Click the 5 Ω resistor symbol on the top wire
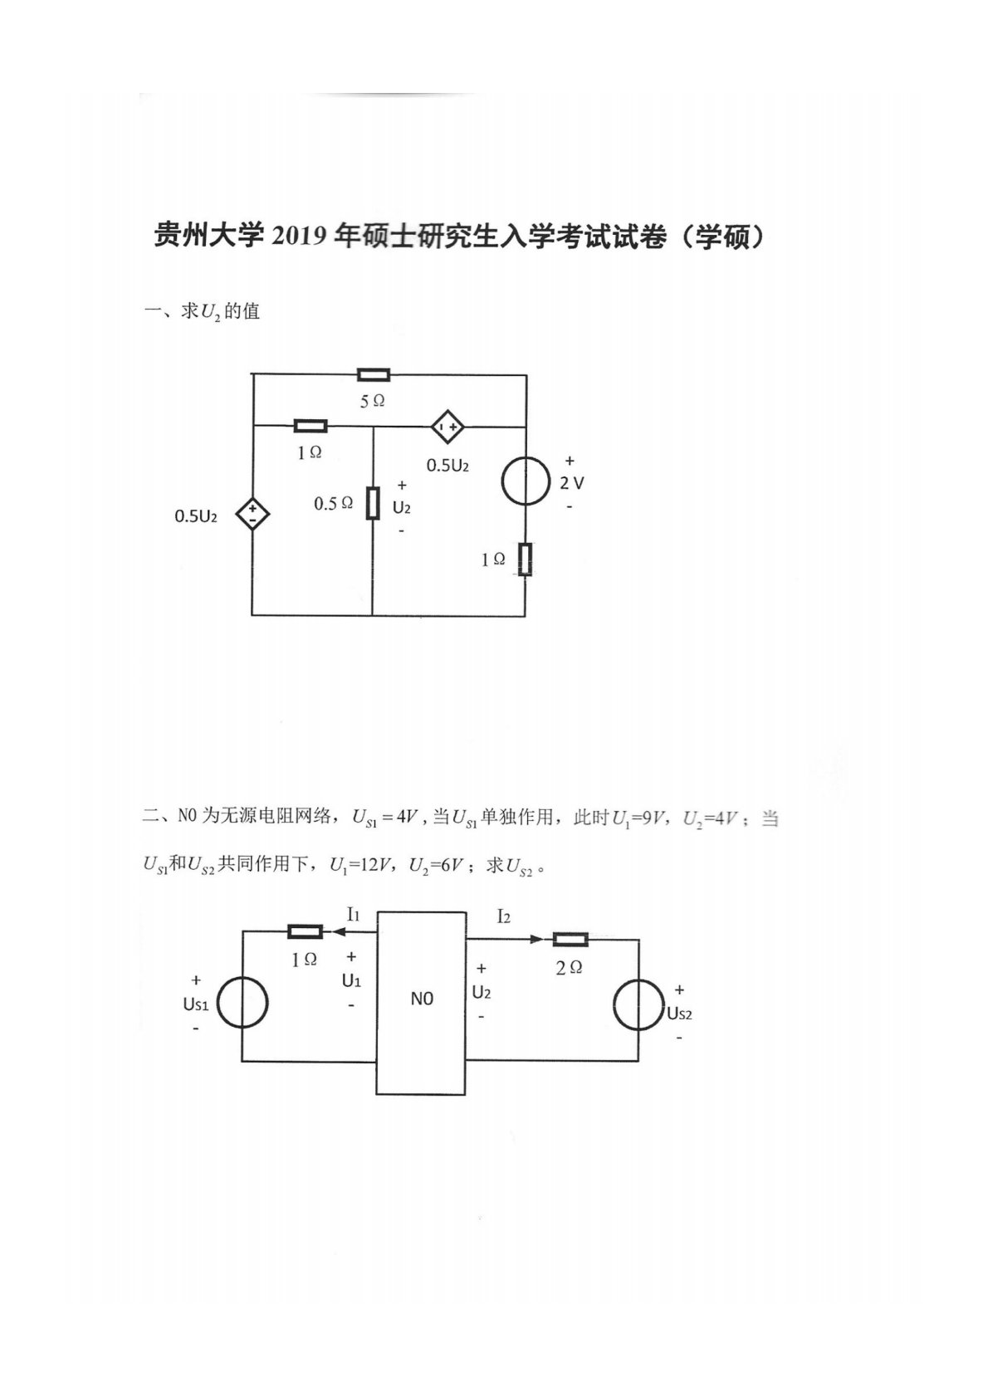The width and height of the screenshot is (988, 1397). (373, 375)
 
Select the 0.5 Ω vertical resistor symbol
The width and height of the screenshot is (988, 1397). (373, 503)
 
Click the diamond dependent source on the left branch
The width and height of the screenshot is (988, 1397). (252, 515)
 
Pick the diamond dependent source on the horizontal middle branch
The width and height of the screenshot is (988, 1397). (448, 427)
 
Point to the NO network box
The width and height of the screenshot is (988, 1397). (421, 1003)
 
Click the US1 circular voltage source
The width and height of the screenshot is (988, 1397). (242, 1003)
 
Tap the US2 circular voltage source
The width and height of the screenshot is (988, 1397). (638, 1004)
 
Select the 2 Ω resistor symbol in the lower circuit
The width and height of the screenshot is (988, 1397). (570, 940)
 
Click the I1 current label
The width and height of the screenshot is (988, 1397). (353, 915)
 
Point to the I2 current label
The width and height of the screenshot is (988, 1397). (503, 916)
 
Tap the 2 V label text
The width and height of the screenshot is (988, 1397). (571, 483)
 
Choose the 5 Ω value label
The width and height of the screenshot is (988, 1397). (372, 401)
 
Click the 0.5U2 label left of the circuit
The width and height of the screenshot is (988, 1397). (196, 516)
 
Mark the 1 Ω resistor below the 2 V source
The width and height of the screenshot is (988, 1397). (526, 559)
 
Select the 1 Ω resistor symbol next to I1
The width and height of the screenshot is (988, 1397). (305, 932)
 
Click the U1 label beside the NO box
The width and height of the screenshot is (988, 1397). (351, 980)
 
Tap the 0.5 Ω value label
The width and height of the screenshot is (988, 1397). (333, 504)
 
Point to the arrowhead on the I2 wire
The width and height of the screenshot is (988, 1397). (536, 940)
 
